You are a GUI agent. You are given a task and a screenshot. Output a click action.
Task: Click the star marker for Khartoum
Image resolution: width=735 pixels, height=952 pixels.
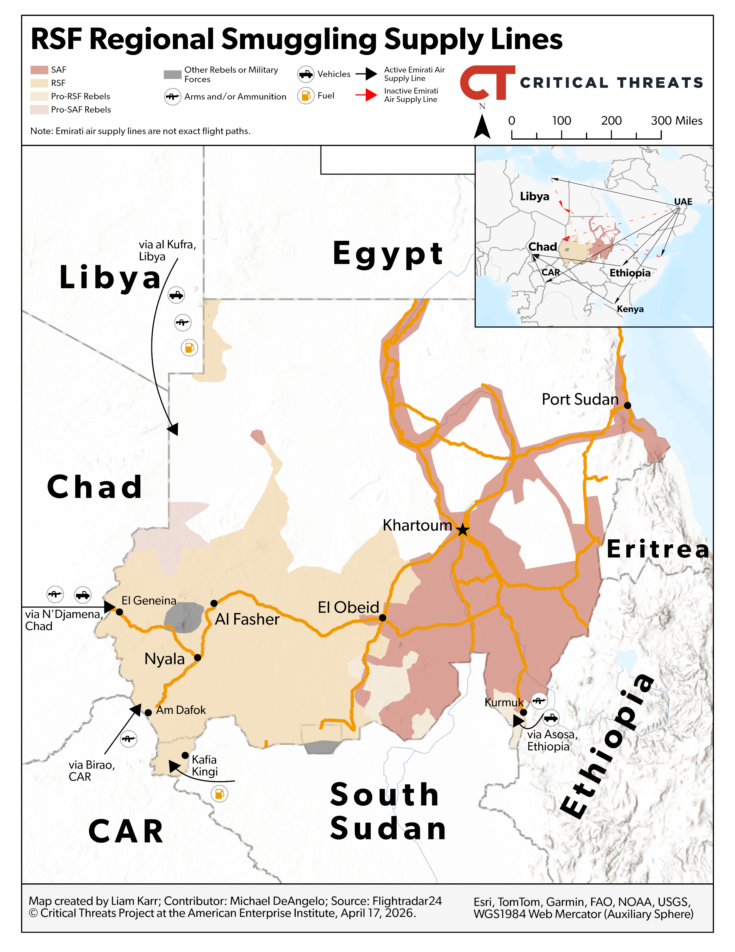[462, 531]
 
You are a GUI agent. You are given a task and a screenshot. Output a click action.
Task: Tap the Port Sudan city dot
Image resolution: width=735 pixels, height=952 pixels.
[627, 405]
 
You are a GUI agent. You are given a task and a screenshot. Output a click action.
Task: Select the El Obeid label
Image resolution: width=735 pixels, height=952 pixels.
[348, 607]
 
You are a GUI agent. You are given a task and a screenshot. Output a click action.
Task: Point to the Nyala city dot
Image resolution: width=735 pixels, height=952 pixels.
[197, 657]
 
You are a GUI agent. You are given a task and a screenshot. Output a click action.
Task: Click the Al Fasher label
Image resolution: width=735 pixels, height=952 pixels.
[247, 619]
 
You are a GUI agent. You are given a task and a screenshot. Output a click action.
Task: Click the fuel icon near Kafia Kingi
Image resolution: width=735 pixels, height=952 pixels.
[219, 793]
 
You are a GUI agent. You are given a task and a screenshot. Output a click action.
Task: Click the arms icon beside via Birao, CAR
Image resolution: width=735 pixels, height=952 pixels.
[129, 739]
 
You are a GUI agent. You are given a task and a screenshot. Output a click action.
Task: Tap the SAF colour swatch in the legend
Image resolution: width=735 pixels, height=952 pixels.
[39, 70]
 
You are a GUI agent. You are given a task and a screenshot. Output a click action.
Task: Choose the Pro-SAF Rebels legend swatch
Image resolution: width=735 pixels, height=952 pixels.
[39, 109]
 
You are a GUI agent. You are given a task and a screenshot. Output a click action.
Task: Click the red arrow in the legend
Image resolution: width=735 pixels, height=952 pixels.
[366, 95]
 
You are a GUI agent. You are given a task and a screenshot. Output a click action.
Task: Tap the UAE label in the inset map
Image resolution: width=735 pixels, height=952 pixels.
[683, 201]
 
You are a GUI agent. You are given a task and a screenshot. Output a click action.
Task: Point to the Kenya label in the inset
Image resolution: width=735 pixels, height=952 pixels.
[630, 309]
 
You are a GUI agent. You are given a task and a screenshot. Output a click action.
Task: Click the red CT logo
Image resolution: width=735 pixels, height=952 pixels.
[487, 83]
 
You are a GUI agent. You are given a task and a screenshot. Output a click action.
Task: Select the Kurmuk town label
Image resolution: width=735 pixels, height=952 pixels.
[504, 702]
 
